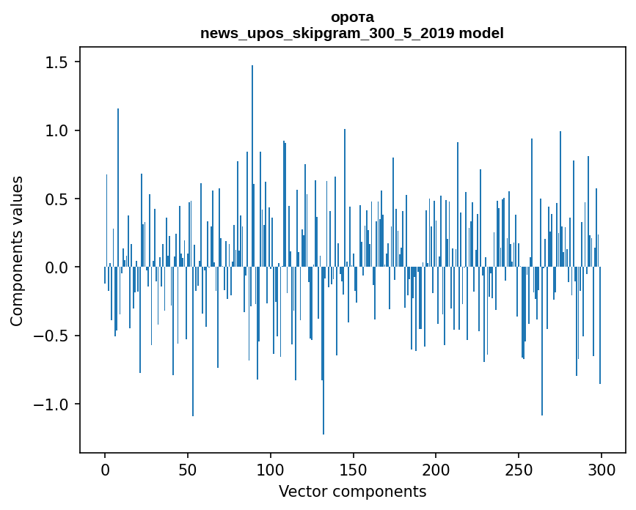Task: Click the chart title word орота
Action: click(x=352, y=17)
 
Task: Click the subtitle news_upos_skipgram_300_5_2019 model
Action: click(x=352, y=33)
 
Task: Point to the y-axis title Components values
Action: click(x=17, y=251)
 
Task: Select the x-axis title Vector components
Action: click(x=352, y=491)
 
